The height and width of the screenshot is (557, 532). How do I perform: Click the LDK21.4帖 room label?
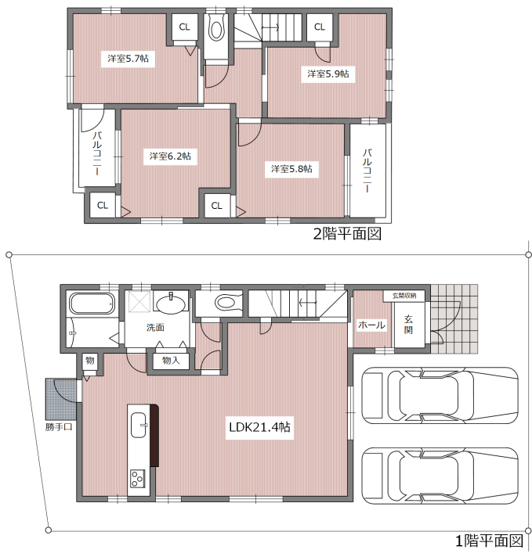tap(259, 427)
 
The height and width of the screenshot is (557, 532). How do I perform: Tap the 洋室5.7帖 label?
tap(128, 58)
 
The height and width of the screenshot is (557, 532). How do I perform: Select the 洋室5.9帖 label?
tap(328, 74)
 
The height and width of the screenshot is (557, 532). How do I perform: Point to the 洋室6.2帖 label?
tap(170, 156)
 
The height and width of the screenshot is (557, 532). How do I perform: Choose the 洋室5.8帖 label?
tap(291, 169)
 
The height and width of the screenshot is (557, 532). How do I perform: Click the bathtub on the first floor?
tap(92, 303)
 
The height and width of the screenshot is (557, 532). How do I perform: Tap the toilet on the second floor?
tap(215, 27)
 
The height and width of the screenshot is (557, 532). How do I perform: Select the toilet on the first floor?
tap(229, 303)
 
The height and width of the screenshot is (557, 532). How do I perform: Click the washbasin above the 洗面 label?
tap(171, 304)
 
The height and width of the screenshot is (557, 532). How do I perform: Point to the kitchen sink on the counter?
tap(139, 425)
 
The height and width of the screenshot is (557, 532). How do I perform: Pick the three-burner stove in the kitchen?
tap(137, 479)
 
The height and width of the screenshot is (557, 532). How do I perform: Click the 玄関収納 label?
tap(404, 296)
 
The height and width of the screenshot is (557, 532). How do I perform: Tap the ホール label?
tap(371, 325)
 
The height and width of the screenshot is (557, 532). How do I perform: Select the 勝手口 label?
tap(59, 426)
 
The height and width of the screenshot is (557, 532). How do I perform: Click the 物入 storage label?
tap(171, 361)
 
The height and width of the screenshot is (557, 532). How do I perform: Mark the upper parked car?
tap(440, 395)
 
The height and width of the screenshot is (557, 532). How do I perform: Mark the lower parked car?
tap(440, 476)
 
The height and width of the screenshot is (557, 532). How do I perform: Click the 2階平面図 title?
tap(347, 234)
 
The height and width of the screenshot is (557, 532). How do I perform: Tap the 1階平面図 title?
tap(490, 541)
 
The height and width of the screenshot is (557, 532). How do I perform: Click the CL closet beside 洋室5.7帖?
tap(184, 27)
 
